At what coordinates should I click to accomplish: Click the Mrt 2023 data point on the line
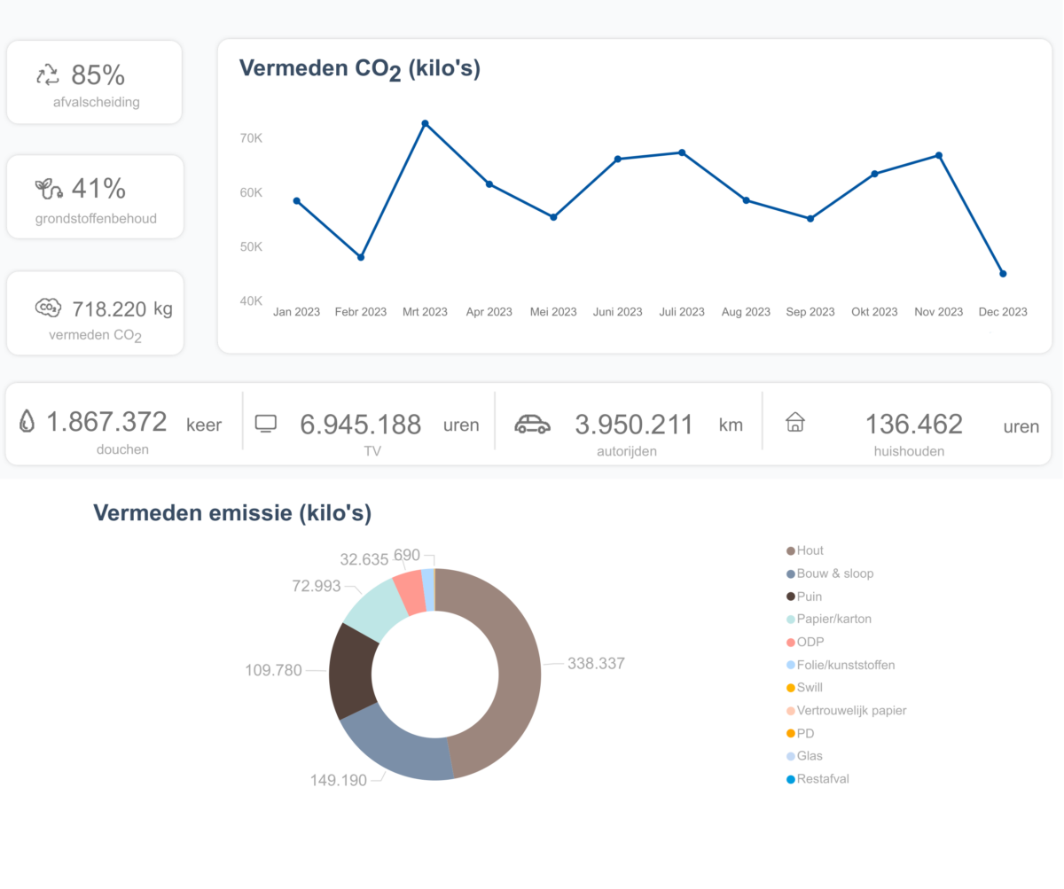(425, 123)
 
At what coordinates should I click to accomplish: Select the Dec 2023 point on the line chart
(1003, 274)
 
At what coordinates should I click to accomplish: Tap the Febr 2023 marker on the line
(361, 257)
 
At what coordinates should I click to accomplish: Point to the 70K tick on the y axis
(251, 138)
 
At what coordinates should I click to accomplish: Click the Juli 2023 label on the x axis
(682, 312)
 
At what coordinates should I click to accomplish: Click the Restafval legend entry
(824, 779)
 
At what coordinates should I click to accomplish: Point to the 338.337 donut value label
(596, 663)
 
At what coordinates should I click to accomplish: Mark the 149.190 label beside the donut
(338, 781)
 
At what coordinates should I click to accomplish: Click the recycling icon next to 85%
(47, 74)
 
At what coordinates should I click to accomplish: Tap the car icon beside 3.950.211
(532, 424)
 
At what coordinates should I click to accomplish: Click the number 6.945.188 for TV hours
(360, 425)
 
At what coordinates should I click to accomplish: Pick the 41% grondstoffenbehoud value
(98, 189)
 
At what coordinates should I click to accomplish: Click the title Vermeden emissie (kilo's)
(232, 512)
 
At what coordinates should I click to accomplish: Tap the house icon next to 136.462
(795, 422)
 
